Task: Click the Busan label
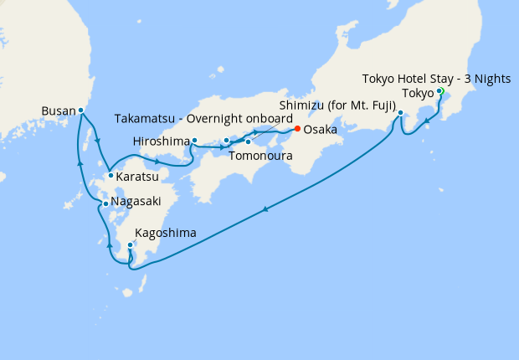[x=59, y=110]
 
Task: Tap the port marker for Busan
[x=81, y=110]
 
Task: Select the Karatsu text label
[x=138, y=177]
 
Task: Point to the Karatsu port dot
[x=110, y=176]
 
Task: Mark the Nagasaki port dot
[x=105, y=204]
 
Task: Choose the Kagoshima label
[x=167, y=234]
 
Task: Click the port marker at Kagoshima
[x=130, y=245]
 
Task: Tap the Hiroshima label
[x=162, y=141]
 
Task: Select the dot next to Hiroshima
[x=194, y=141]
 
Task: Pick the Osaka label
[x=321, y=130]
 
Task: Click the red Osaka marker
[x=297, y=129]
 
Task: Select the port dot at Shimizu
[x=401, y=113]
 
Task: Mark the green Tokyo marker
[x=439, y=92]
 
